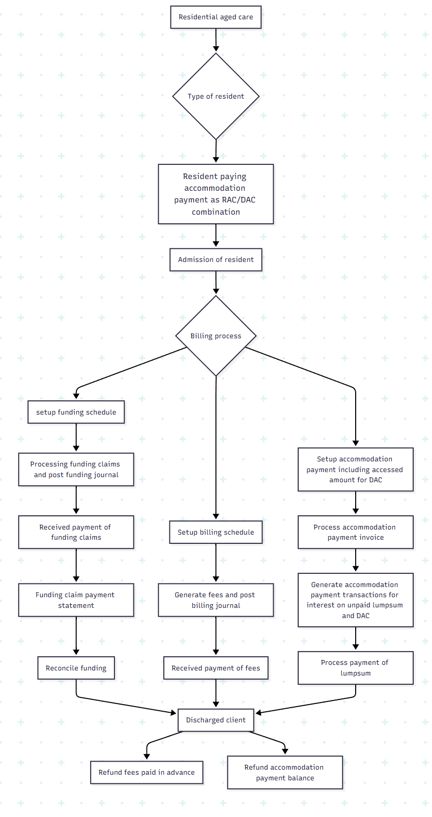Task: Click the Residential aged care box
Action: click(216, 17)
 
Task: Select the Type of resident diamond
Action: click(216, 96)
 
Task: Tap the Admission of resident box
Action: click(216, 259)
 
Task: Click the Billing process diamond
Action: click(216, 336)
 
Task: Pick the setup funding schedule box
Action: click(76, 412)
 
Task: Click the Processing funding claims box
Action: click(76, 469)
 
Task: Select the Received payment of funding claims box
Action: click(76, 532)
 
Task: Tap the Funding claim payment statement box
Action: click(76, 600)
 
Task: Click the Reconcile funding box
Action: click(76, 668)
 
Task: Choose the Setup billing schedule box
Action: click(216, 532)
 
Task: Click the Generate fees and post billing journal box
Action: click(216, 600)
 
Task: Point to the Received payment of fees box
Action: click(216, 668)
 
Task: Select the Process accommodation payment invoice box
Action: click(355, 532)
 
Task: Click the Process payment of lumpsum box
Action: click(355, 667)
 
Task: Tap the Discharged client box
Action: click(216, 720)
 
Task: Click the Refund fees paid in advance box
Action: click(147, 772)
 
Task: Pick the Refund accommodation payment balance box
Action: click(285, 772)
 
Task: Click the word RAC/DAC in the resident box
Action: click(239, 200)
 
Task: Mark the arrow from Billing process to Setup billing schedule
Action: click(216, 448)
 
